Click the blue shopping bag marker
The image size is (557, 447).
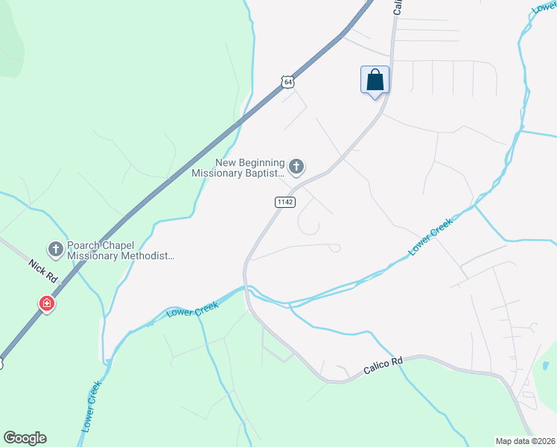(x=375, y=80)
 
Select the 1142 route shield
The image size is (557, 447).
(x=284, y=202)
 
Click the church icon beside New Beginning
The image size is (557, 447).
(x=296, y=167)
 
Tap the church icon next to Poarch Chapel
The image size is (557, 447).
(x=55, y=249)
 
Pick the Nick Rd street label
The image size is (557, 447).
(x=43, y=270)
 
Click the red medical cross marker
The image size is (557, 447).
(x=47, y=304)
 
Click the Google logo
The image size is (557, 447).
(x=25, y=438)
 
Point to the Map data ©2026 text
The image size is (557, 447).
(x=524, y=441)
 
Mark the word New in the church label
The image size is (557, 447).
(x=226, y=162)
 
